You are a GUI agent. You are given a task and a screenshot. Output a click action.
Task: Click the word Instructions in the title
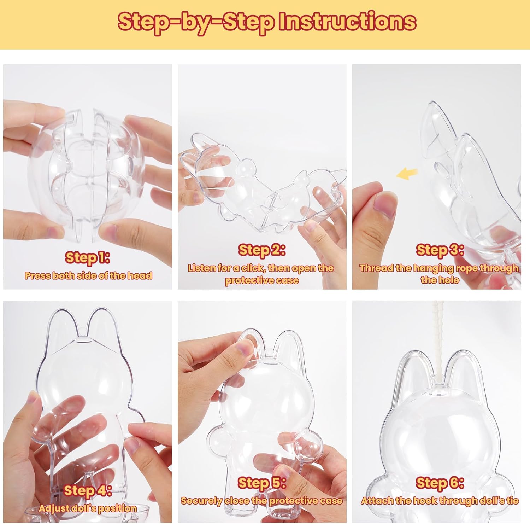click(x=347, y=22)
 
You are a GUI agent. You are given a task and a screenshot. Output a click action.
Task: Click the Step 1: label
click(x=88, y=258)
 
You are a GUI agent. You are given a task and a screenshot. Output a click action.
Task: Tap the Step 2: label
click(x=262, y=250)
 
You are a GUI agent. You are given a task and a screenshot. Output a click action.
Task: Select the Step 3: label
click(x=440, y=250)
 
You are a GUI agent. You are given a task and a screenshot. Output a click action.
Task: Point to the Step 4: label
click(x=88, y=490)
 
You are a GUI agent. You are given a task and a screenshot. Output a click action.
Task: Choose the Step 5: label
click(x=262, y=483)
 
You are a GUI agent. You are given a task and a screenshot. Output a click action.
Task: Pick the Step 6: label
click(x=440, y=483)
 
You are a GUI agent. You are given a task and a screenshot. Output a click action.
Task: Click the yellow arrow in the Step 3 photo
click(x=407, y=173)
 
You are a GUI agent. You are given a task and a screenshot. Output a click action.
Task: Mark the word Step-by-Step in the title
click(x=196, y=22)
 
